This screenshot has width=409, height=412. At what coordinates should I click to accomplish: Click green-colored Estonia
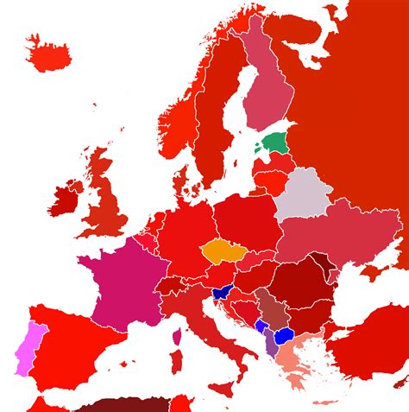point(276,143)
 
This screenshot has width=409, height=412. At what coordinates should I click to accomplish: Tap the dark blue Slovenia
point(223,291)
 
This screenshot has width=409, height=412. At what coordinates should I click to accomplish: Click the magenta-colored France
point(121,282)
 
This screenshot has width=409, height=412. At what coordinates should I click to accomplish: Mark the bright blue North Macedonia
point(284,336)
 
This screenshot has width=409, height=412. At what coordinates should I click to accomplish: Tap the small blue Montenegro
point(261,326)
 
